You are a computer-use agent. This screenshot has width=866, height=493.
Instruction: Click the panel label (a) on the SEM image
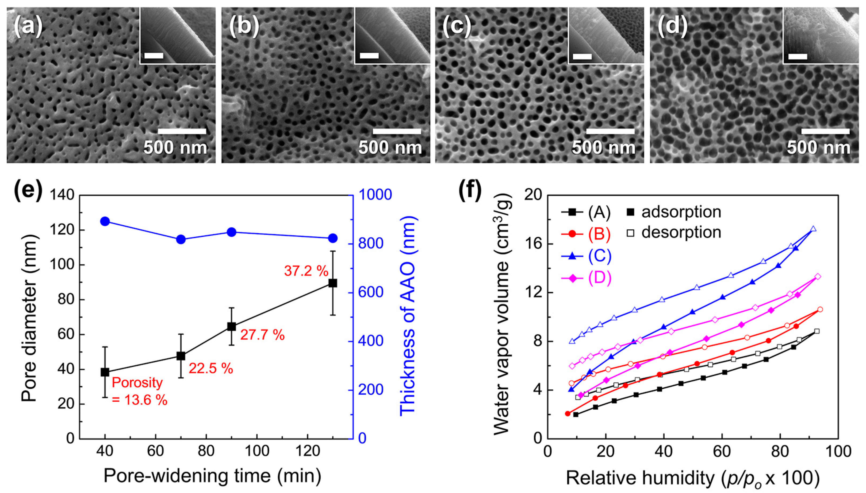point(28,27)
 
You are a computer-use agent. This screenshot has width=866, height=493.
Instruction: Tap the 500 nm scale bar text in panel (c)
point(604,148)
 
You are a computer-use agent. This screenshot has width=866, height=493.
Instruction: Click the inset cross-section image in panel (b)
point(392,36)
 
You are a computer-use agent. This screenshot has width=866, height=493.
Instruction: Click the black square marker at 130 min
point(333,283)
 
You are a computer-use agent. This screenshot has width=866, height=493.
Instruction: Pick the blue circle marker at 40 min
point(105,221)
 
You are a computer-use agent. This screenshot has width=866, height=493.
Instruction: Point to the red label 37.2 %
point(306,271)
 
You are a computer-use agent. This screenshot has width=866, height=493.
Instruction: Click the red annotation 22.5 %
point(211,368)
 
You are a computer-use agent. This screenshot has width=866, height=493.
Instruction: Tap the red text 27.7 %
point(262,335)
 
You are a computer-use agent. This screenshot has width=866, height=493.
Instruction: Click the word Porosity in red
point(137,383)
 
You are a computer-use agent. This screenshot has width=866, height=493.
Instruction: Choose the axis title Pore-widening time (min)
point(212,476)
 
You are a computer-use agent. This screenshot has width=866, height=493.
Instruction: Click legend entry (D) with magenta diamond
point(586,278)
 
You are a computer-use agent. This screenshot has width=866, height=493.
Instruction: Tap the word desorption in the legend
point(681,233)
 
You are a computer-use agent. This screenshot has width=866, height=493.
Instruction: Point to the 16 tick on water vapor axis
point(534,244)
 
